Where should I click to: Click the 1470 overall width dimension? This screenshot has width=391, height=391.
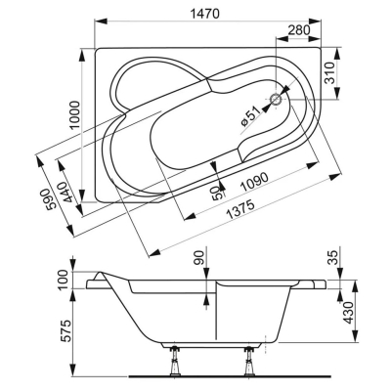(x=204, y=14)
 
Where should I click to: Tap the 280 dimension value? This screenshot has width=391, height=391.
(x=299, y=30)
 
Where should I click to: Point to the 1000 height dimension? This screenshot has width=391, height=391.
(x=74, y=115)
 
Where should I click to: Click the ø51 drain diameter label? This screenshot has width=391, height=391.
(x=251, y=117)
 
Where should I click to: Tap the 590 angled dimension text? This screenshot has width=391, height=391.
(x=51, y=199)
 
